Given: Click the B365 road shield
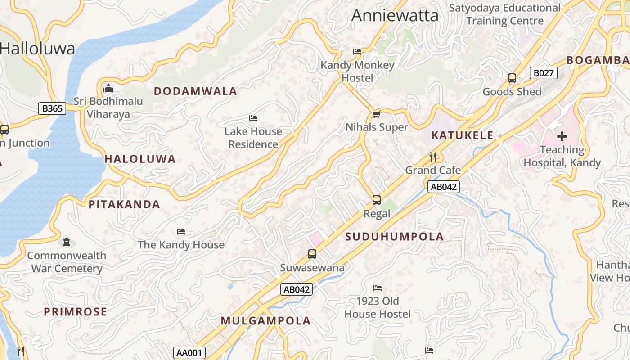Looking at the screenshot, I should point(52,108).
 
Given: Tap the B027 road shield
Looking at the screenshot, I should point(543,73).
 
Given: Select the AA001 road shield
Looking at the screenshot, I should point(189,353).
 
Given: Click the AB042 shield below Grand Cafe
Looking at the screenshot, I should point(443,187).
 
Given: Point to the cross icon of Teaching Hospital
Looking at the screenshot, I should point(562,136).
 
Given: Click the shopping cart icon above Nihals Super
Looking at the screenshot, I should point(376,114).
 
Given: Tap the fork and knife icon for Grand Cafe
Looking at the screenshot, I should point(433,157).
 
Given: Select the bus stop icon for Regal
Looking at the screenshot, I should point(377,200).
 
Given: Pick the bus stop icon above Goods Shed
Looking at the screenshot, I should point(512,78).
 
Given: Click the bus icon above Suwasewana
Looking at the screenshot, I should point(312,254).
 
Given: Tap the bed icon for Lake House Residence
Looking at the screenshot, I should point(253,118).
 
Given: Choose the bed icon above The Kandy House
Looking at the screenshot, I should point(181,232).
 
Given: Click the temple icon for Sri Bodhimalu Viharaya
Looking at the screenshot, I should point(108,88).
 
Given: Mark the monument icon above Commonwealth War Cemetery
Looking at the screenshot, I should point(67,242).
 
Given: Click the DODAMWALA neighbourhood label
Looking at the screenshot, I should point(195,91).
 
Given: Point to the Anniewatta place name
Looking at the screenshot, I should point(395,16).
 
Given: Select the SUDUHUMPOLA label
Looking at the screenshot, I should point(395,237).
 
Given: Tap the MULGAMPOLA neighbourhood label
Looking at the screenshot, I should point(265,321).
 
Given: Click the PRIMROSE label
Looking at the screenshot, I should point(75,312).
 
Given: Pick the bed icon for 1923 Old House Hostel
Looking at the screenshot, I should point(378,288).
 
